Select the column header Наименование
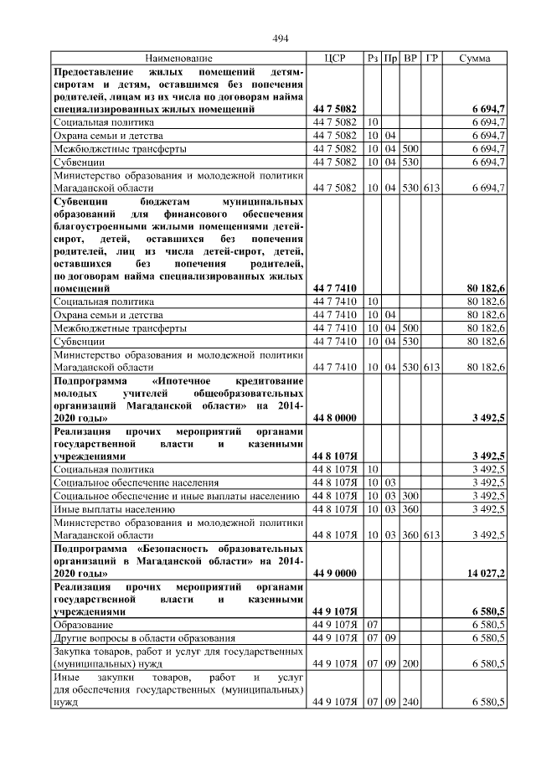(178, 58)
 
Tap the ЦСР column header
(335, 58)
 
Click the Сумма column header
(475, 58)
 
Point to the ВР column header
(410, 58)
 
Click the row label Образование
(80, 625)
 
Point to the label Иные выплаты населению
(108, 508)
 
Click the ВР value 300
(410, 495)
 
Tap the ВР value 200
(410, 663)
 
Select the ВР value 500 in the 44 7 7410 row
(410, 327)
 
